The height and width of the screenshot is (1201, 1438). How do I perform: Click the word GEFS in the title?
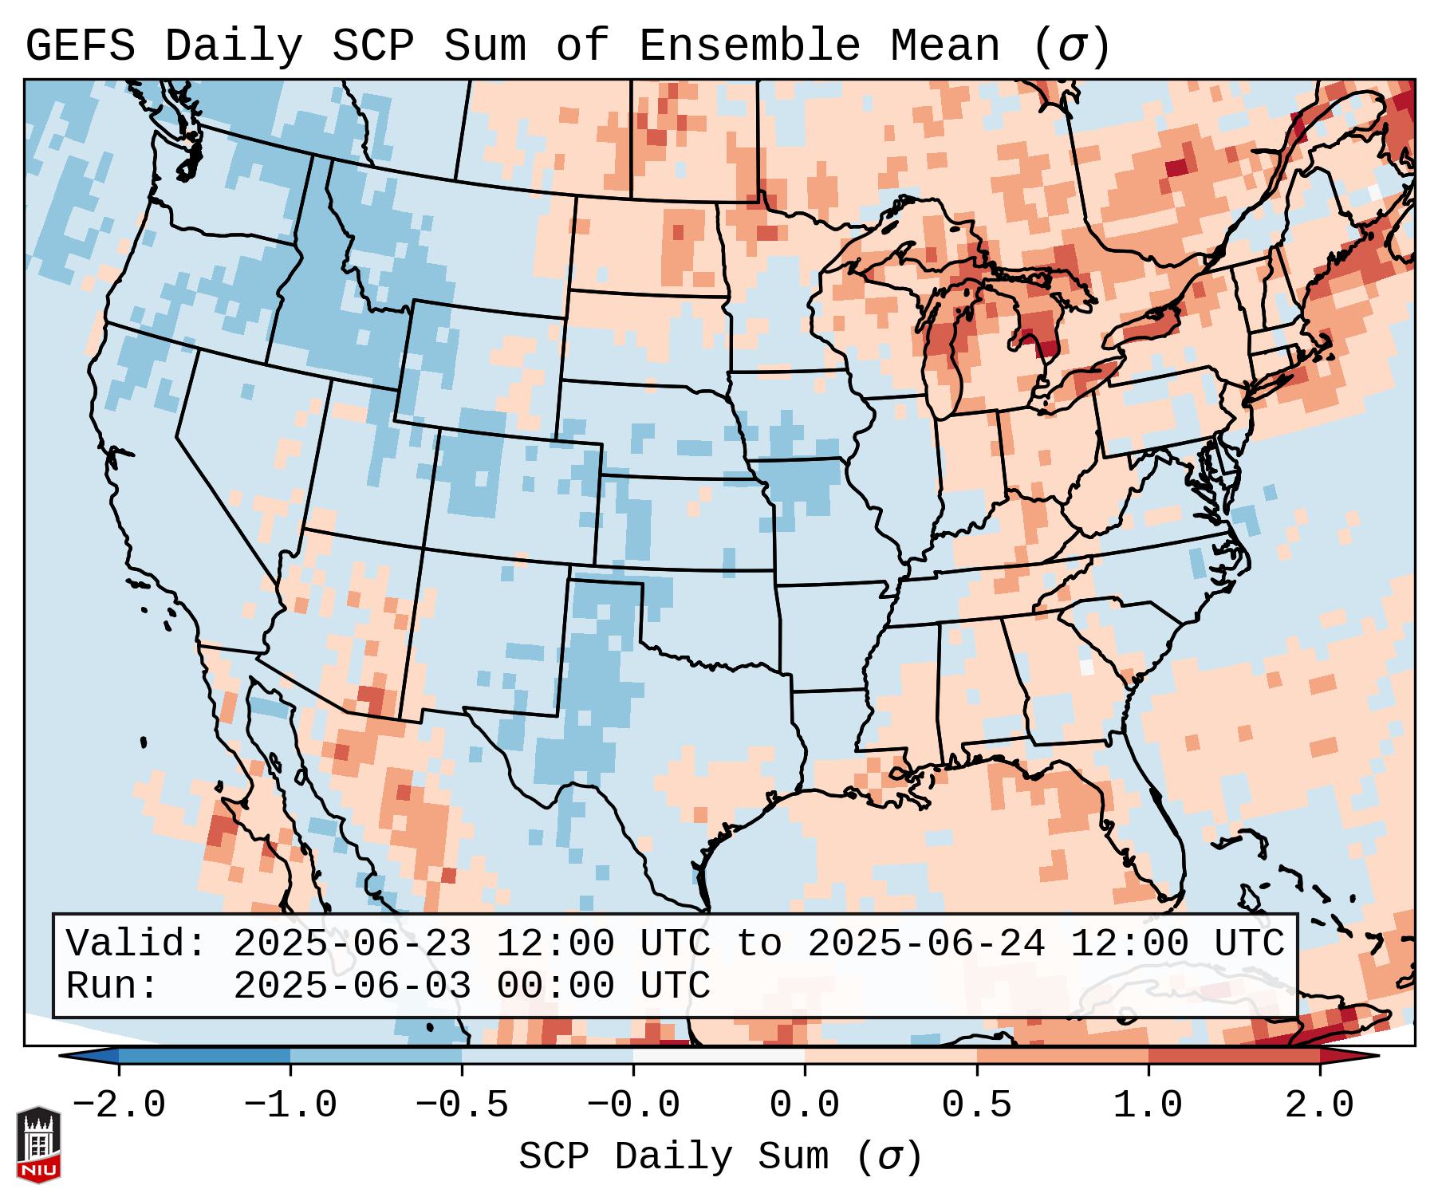80,46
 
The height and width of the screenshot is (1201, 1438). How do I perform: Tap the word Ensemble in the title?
750,46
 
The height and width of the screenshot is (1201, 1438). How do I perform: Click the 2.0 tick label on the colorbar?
1319,1105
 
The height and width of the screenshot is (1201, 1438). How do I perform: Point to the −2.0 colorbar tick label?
119,1105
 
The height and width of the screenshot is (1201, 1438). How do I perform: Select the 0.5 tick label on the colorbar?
976,1105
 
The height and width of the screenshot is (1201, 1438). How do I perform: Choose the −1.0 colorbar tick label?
290,1105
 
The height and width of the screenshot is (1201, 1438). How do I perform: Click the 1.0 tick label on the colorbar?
1148,1105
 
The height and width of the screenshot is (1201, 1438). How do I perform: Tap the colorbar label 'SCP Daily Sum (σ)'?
719,1157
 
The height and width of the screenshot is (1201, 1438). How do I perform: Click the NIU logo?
38,1144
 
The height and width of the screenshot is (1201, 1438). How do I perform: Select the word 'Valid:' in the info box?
136,944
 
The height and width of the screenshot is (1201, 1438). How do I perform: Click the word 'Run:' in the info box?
112,986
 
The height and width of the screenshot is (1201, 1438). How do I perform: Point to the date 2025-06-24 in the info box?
926,944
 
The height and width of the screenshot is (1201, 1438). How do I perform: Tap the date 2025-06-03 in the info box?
352,986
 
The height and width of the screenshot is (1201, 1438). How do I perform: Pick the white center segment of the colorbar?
719,1056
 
